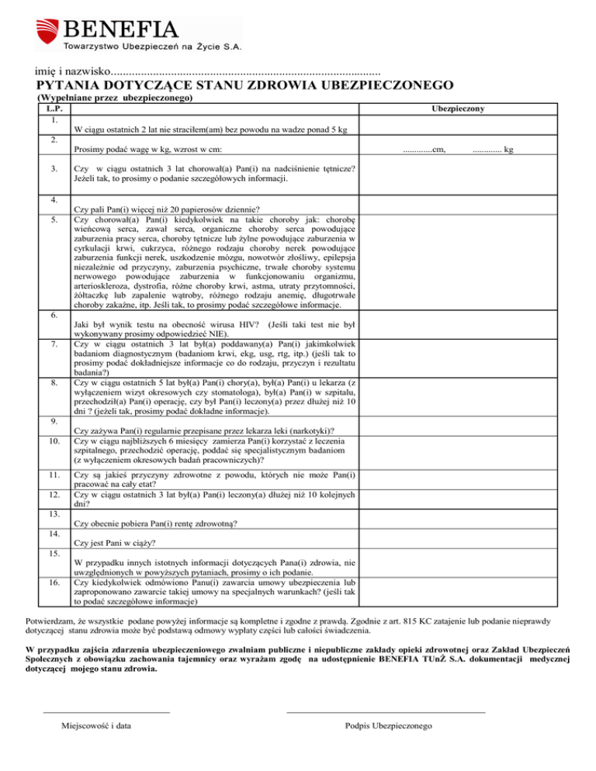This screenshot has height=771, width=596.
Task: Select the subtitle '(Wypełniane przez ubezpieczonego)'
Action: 115,99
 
